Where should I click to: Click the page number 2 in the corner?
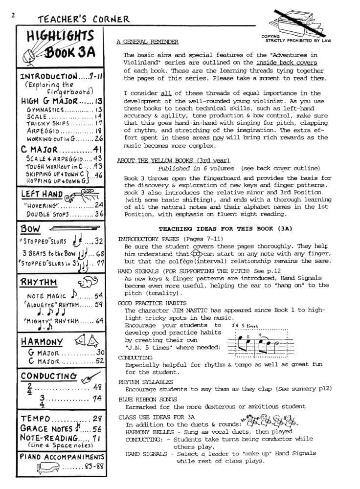tap(13, 15)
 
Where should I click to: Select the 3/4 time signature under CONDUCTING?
tap(43, 401)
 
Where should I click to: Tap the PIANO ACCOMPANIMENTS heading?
tap(63, 456)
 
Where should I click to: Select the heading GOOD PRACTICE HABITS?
tap(145, 303)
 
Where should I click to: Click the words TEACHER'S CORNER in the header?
tap(84, 20)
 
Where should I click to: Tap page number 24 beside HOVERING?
tap(99, 205)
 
